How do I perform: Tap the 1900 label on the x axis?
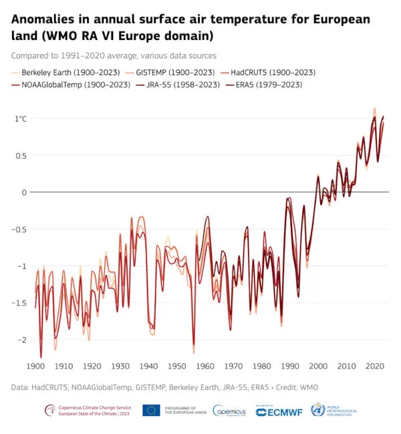tap(35, 366)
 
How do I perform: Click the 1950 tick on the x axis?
tap(176, 366)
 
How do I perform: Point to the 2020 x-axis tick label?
tap(374, 366)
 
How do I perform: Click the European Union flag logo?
tap(151, 411)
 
